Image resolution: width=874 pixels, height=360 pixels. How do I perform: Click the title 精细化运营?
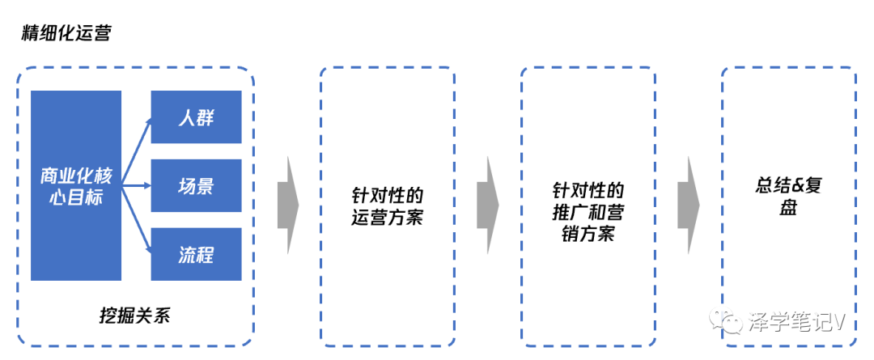point(66,34)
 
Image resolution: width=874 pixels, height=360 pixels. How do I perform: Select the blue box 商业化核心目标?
point(76,185)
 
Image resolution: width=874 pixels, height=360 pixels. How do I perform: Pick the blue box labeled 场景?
point(196,185)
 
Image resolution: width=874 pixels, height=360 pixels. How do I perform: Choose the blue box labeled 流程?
point(196,254)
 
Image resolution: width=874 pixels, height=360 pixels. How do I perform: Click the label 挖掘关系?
point(134,314)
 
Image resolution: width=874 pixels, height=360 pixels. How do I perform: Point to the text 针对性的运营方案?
point(387,206)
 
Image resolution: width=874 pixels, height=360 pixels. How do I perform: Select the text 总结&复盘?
point(788,197)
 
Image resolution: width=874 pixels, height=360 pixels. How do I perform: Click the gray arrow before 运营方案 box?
point(288,205)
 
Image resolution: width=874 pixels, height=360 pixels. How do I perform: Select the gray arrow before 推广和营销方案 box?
point(488,205)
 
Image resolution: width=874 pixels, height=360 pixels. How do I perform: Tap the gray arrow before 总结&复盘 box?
point(689,205)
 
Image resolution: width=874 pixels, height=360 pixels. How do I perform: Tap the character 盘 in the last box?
point(788,207)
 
